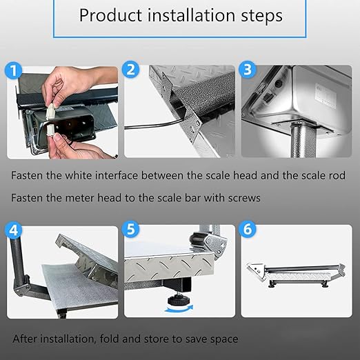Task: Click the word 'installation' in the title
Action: click(x=176, y=15)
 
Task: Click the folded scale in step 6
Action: click(x=296, y=272)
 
